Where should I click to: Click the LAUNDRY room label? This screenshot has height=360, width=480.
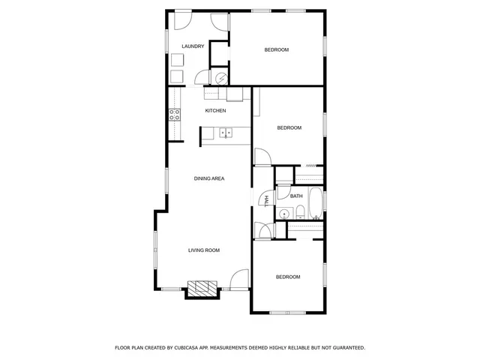(193, 46)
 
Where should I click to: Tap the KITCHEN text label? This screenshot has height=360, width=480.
(216, 111)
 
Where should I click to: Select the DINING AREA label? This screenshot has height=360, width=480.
(209, 178)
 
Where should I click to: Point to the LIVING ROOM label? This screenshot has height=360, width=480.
(203, 250)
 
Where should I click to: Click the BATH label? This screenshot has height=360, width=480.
(297, 196)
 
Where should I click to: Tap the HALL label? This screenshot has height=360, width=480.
(265, 200)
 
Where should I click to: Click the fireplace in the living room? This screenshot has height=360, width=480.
(201, 289)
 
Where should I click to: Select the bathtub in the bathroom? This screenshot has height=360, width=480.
(315, 203)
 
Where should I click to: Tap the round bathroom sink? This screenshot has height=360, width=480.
(283, 214)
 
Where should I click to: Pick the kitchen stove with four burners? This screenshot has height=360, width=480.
(174, 115)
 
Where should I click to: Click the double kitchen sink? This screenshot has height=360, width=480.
(226, 133)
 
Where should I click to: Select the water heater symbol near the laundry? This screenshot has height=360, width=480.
(221, 77)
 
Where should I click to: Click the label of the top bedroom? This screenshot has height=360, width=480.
(277, 50)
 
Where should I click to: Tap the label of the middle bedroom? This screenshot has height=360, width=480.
(289, 128)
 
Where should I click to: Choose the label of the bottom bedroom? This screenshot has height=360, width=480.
(288, 277)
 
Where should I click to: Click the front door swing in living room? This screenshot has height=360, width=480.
(239, 279)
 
